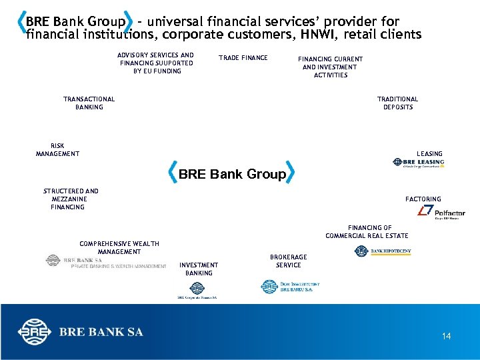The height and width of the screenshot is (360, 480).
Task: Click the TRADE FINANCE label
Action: click(x=243, y=58)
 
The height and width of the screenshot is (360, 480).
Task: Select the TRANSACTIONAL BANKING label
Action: click(x=89, y=103)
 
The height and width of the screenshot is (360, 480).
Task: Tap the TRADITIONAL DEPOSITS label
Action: click(x=397, y=103)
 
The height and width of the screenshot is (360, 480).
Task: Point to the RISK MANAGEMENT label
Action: click(x=57, y=150)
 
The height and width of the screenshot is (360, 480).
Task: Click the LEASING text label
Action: click(x=429, y=154)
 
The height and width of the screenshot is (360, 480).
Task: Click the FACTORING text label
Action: click(x=423, y=199)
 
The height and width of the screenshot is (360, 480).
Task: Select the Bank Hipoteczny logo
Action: click(x=383, y=251)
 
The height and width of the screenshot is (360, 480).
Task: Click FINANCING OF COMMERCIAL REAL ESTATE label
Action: click(x=367, y=232)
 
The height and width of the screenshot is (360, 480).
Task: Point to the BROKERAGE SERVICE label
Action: click(x=288, y=261)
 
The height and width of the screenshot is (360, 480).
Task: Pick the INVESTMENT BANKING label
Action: click(x=199, y=269)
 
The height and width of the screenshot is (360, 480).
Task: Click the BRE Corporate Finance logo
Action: click(x=197, y=291)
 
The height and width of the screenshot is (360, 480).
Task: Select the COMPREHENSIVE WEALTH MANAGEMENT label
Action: click(x=119, y=247)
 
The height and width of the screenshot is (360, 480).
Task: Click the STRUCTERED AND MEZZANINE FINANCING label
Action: click(x=70, y=199)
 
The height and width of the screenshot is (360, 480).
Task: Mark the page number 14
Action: click(x=447, y=336)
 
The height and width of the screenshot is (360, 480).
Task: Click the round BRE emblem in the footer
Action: click(x=33, y=332)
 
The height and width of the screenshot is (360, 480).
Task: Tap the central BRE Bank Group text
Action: click(x=232, y=175)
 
